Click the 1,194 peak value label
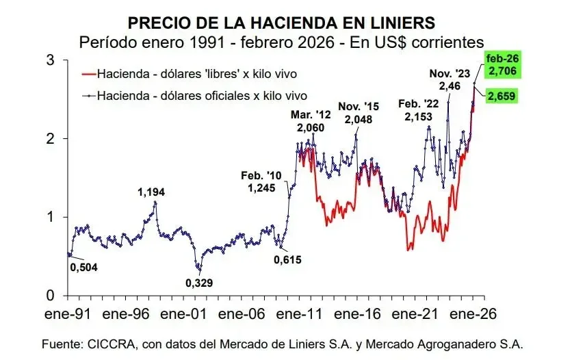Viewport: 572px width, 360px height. tap(152, 192)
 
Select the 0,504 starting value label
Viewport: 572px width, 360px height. tap(84, 267)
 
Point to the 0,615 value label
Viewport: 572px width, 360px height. tap(287, 259)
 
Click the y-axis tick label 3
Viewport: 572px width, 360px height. tap(50, 60)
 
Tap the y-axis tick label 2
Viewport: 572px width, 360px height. tap(50, 138)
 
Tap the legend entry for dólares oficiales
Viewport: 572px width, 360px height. tap(200, 95)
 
